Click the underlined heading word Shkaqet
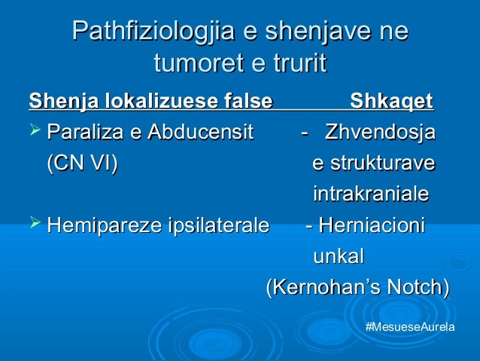click(391, 100)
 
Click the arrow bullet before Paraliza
click(35, 133)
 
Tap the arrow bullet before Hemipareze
click(35, 225)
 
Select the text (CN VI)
click(82, 164)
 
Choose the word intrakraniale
click(370, 194)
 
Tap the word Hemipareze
click(100, 225)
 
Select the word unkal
click(338, 256)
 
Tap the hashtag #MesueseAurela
click(409, 330)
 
